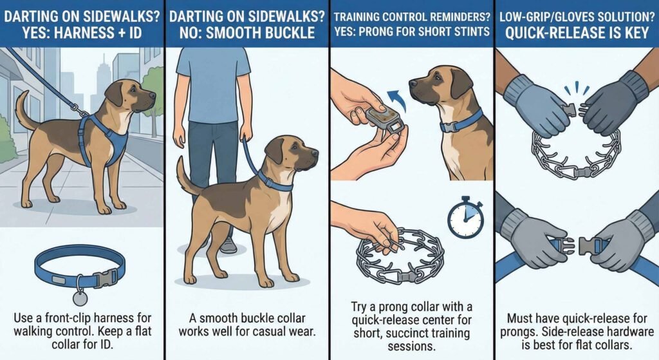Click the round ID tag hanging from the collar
tap(80, 298)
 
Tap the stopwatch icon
tap(465, 217)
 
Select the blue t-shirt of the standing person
tap(212, 84)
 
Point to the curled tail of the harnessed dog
tap(24, 110)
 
